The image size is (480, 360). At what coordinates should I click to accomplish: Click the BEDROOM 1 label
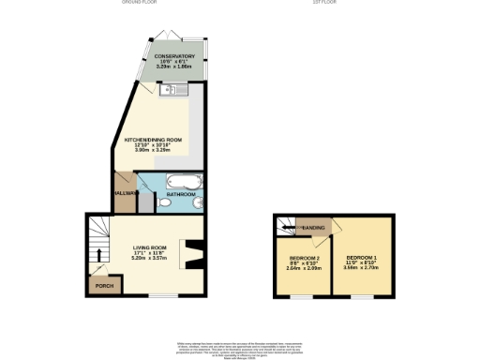[362, 257]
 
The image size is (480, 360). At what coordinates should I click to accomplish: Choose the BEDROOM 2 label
[304, 257]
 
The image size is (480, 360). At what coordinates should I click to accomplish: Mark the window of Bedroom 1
[361, 296]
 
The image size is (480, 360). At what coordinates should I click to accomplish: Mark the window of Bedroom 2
[301, 296]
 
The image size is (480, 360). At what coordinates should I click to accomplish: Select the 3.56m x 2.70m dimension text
[362, 268]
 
